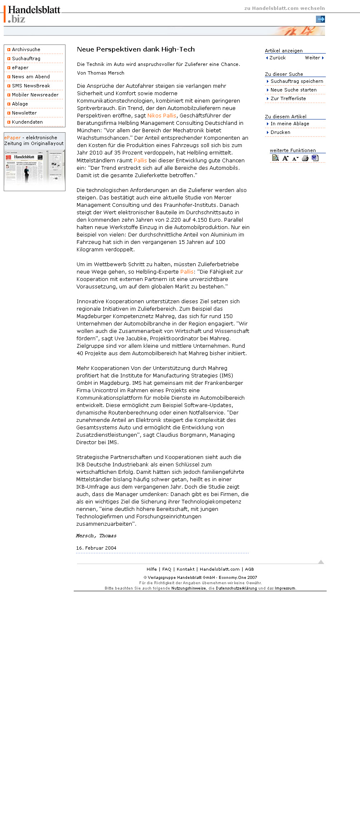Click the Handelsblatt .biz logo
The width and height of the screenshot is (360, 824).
[33, 14]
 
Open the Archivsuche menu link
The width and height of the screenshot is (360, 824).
[26, 49]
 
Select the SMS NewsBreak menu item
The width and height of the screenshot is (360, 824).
[31, 86]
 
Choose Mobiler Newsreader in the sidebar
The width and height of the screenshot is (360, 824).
[35, 95]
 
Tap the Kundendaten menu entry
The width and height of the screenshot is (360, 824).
[27, 122]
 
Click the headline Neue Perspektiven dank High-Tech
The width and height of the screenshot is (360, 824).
[136, 49]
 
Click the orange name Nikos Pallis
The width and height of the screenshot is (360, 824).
[161, 116]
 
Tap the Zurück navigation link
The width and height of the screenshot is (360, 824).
[277, 58]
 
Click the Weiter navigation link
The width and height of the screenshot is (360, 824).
[313, 58]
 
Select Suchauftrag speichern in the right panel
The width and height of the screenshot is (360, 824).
[297, 81]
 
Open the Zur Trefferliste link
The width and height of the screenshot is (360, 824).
[288, 98]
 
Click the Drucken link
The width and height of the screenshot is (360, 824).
[280, 132]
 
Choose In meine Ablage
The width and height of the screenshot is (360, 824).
[290, 124]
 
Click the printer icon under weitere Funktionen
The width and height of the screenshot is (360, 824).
[305, 158]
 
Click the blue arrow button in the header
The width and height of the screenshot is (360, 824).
[320, 19]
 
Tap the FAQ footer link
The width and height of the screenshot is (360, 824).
[166, 569]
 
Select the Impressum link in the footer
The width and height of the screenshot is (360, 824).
[285, 588]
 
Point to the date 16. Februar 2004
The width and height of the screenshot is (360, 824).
[96, 548]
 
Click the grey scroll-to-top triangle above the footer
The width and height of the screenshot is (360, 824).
[321, 562]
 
